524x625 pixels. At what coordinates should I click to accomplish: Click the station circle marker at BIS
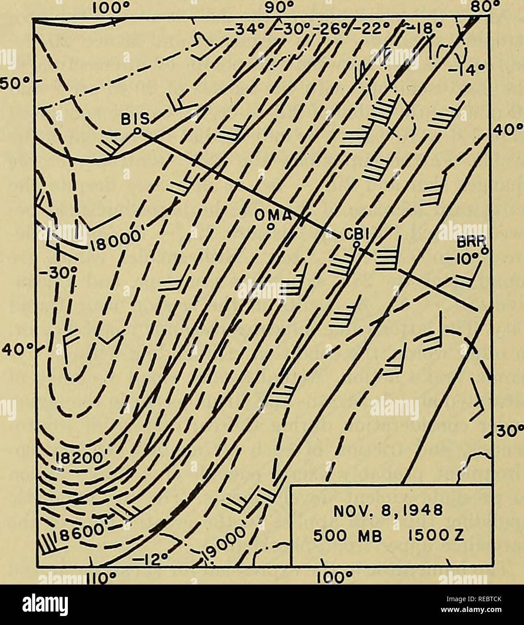pyautogui.click(x=138, y=131)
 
